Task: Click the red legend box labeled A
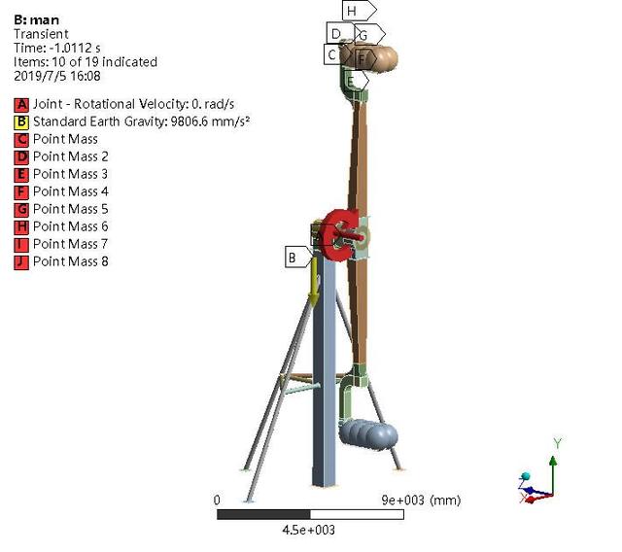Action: tap(21, 105)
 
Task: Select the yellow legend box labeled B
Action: tap(21, 122)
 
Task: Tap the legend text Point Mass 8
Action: tap(71, 261)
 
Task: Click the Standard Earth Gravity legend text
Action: tap(142, 121)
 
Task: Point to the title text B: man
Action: tap(37, 19)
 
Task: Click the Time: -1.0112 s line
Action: tap(57, 48)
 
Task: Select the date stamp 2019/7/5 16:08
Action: tap(57, 76)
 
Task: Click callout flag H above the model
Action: tap(359, 11)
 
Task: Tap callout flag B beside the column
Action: tap(298, 257)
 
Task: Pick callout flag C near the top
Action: tap(335, 54)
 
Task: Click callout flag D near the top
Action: tap(339, 33)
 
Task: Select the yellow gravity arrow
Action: tap(314, 282)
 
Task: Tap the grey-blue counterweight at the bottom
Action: tap(368, 435)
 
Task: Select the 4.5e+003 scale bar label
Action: tap(309, 530)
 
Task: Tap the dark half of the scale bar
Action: tap(263, 514)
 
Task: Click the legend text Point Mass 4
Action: tap(71, 191)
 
